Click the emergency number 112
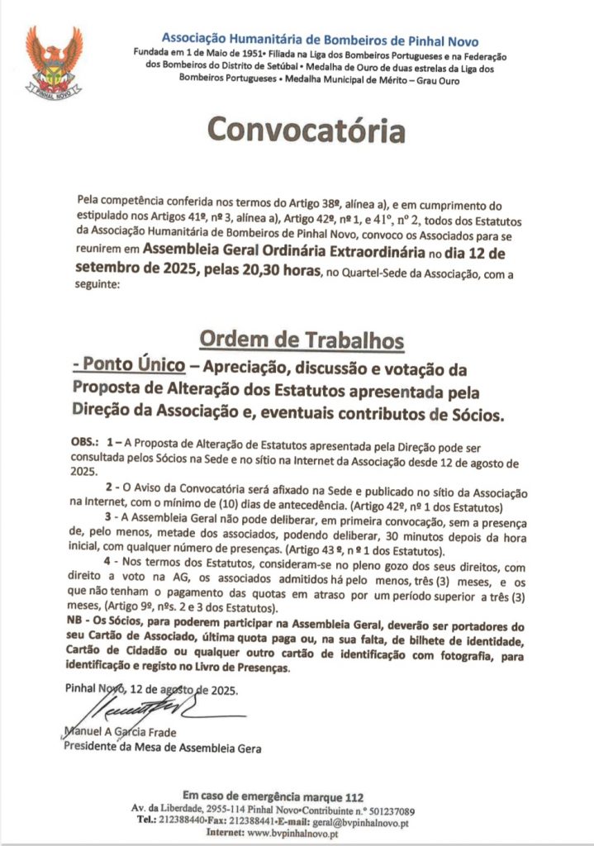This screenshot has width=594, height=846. coord(354,797)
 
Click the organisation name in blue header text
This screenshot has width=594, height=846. coord(320,40)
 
